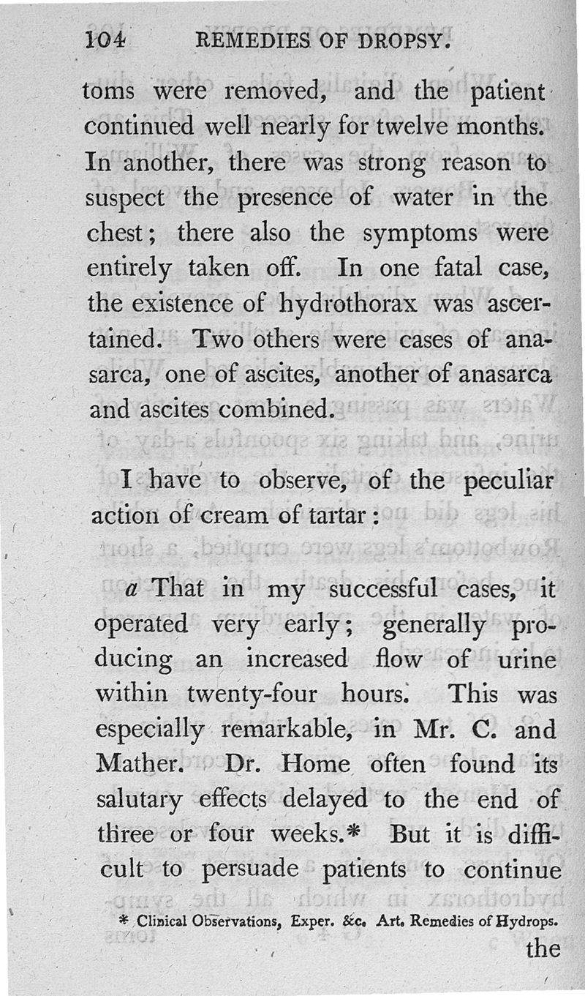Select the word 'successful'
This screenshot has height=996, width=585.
(382, 588)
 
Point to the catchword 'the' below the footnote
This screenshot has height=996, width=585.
(542, 950)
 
